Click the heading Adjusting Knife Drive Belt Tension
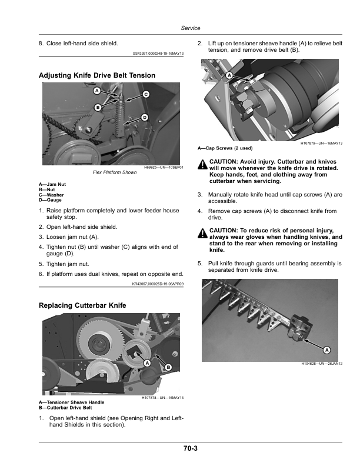pos(97,75)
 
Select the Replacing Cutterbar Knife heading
pos(82,305)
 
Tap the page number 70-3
pos(191,448)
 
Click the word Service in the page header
pos(191,28)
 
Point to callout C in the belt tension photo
pos(146,95)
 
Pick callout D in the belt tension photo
pos(144,118)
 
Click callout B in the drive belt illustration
pos(168,367)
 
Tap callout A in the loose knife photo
pos(326,350)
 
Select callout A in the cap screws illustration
pos(229,75)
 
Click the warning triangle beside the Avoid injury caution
pos(202,164)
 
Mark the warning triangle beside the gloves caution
pos(202,233)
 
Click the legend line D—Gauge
pos(50,200)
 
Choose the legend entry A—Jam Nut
pos(52,184)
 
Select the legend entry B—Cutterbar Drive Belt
pos(65,408)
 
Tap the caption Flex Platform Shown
pos(115,172)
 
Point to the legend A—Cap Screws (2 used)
pos(225,148)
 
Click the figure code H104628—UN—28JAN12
pos(322,364)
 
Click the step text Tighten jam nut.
pos(68,264)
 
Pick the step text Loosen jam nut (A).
pos(72,237)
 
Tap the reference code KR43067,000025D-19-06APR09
pos(158,284)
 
